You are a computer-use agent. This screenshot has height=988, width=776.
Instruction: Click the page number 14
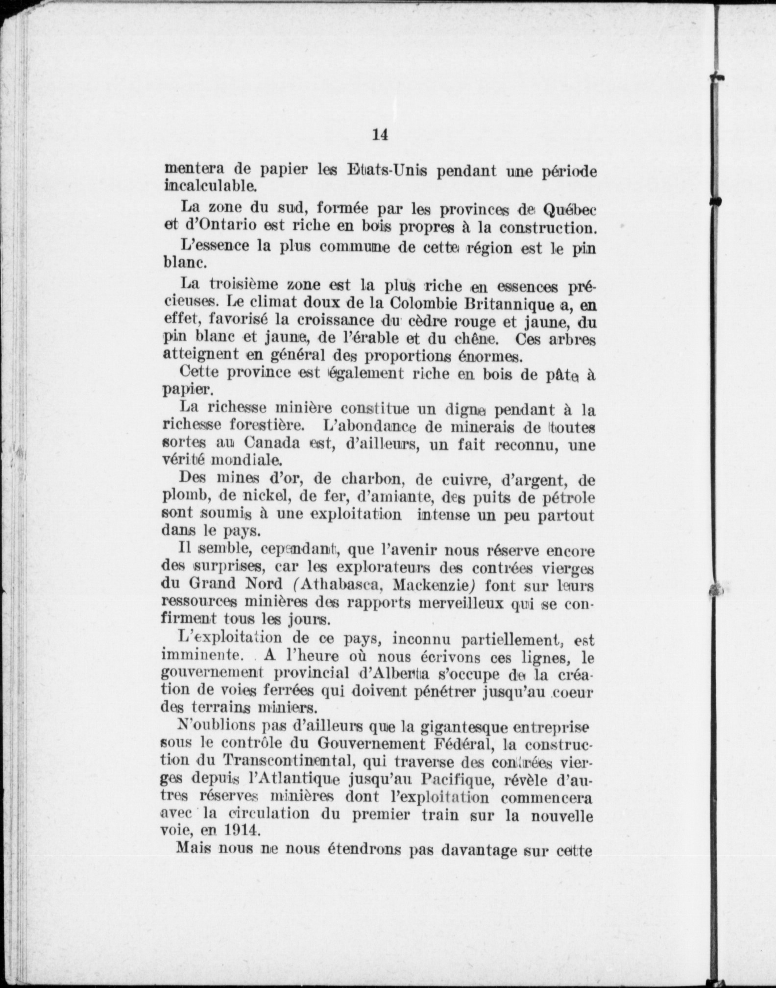(381, 134)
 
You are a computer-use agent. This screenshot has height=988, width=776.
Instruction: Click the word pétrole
(564, 497)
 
